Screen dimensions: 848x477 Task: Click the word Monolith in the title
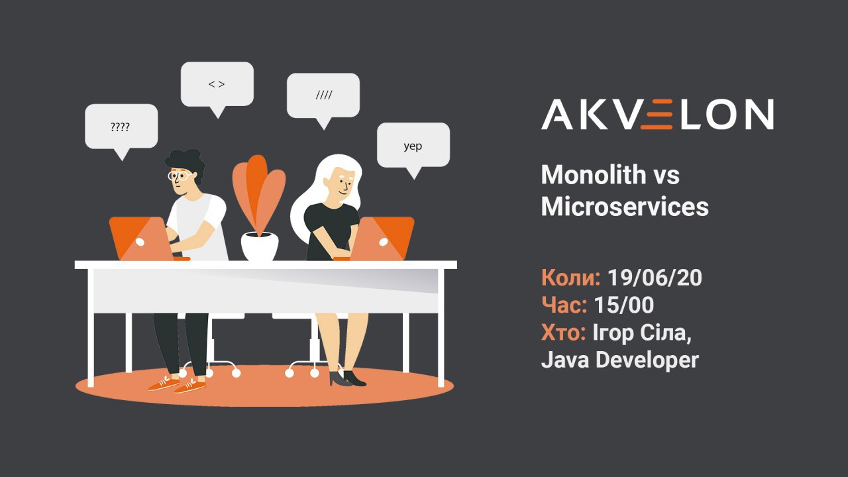point(593,175)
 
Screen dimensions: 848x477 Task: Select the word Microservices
point(625,207)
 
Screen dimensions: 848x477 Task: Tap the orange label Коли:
point(570,278)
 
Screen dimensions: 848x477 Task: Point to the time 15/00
point(624,305)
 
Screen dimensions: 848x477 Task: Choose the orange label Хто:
point(564,333)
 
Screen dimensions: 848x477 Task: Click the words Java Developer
point(619,360)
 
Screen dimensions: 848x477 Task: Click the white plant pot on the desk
point(260,246)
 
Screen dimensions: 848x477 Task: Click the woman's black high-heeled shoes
point(347,378)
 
